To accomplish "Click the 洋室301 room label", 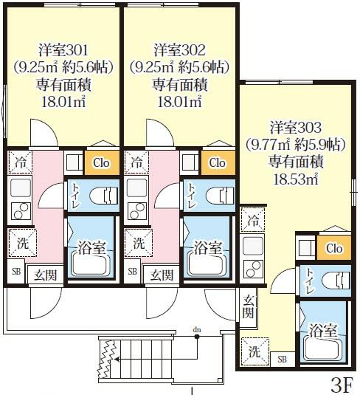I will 62,50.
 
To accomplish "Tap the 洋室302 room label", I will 178,50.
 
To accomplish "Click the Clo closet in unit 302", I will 216,162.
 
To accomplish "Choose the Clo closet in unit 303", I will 333,249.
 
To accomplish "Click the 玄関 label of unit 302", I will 162,275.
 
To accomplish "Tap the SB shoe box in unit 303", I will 283,359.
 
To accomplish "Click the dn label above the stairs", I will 197,328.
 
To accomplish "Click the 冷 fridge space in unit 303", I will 253,219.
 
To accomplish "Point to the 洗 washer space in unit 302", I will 137,241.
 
